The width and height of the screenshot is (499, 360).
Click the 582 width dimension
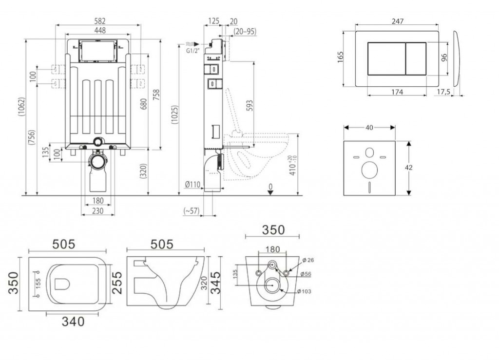click(99, 21)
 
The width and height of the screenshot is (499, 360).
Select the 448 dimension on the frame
click(99, 30)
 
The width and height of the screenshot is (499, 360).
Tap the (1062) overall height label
click(21, 111)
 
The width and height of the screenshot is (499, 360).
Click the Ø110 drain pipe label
click(193, 184)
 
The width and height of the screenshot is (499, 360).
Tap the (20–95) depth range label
click(245, 32)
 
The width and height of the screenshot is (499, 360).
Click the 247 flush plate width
click(398, 21)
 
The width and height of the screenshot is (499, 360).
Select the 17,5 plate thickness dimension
click(443, 92)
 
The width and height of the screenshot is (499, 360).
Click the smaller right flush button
click(416, 58)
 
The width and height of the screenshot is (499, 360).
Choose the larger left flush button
click(386, 58)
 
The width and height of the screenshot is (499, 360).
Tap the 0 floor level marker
click(270, 189)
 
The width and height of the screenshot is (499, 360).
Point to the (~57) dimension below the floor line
click(191, 210)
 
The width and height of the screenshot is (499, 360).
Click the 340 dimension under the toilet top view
click(73, 322)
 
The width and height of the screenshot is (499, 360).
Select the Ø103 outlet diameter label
click(304, 291)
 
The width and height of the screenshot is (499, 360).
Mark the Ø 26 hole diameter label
click(308, 260)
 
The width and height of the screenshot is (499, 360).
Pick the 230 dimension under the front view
click(97, 210)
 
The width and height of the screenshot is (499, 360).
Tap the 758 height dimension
click(156, 95)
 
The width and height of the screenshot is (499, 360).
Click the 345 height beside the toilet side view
click(215, 283)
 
